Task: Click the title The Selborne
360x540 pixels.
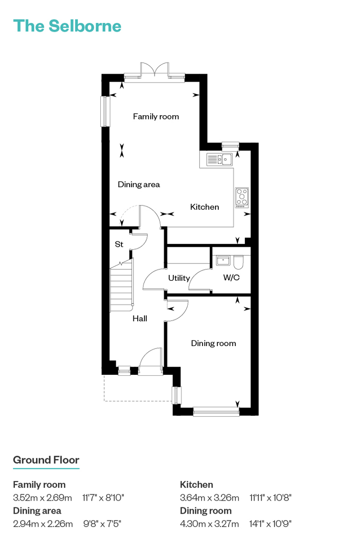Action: pyautogui.click(x=67, y=26)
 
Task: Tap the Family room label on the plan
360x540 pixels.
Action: pyautogui.click(x=156, y=117)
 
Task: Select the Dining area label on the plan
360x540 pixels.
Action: pyautogui.click(x=139, y=184)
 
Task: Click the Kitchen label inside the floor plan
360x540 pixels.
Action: pyautogui.click(x=204, y=206)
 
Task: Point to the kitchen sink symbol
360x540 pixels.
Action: pyautogui.click(x=219, y=159)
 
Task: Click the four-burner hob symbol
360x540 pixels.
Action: pyautogui.click(x=242, y=197)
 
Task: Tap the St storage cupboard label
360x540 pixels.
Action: pyautogui.click(x=119, y=244)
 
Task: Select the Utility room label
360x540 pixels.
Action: pyautogui.click(x=179, y=278)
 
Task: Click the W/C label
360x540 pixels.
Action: pyautogui.click(x=231, y=277)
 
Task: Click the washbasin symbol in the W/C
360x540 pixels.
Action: pyautogui.click(x=223, y=260)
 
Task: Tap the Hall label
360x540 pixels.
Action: pyautogui.click(x=140, y=319)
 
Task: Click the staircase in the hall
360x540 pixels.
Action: pyautogui.click(x=121, y=285)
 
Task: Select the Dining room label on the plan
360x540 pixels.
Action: pyautogui.click(x=214, y=343)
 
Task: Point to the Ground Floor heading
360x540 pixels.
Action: pyautogui.click(x=46, y=460)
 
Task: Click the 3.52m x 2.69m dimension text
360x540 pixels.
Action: pyautogui.click(x=42, y=498)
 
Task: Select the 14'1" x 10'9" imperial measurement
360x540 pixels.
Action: pyautogui.click(x=270, y=524)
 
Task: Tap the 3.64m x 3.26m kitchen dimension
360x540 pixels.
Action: pyautogui.click(x=209, y=498)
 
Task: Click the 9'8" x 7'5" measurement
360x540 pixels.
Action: pyautogui.click(x=102, y=524)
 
